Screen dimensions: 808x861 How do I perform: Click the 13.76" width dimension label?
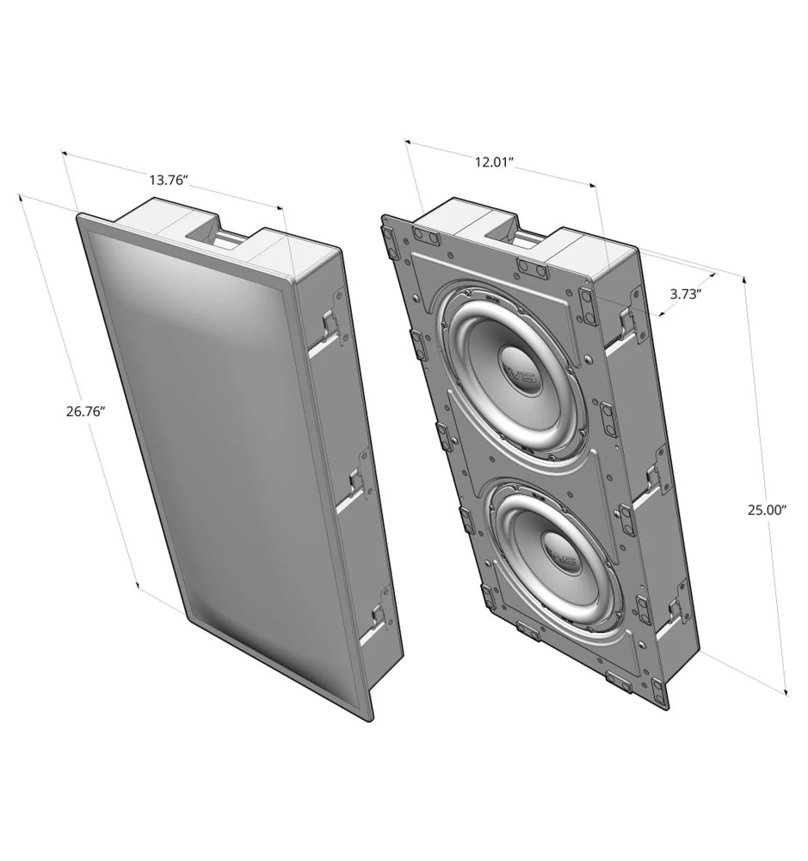click(x=170, y=180)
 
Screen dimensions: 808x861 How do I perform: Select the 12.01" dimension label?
click(x=494, y=162)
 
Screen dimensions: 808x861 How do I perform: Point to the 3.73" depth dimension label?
click(x=686, y=294)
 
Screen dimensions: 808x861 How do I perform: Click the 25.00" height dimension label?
click(x=767, y=510)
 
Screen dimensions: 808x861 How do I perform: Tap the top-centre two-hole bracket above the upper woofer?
click(x=531, y=269)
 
